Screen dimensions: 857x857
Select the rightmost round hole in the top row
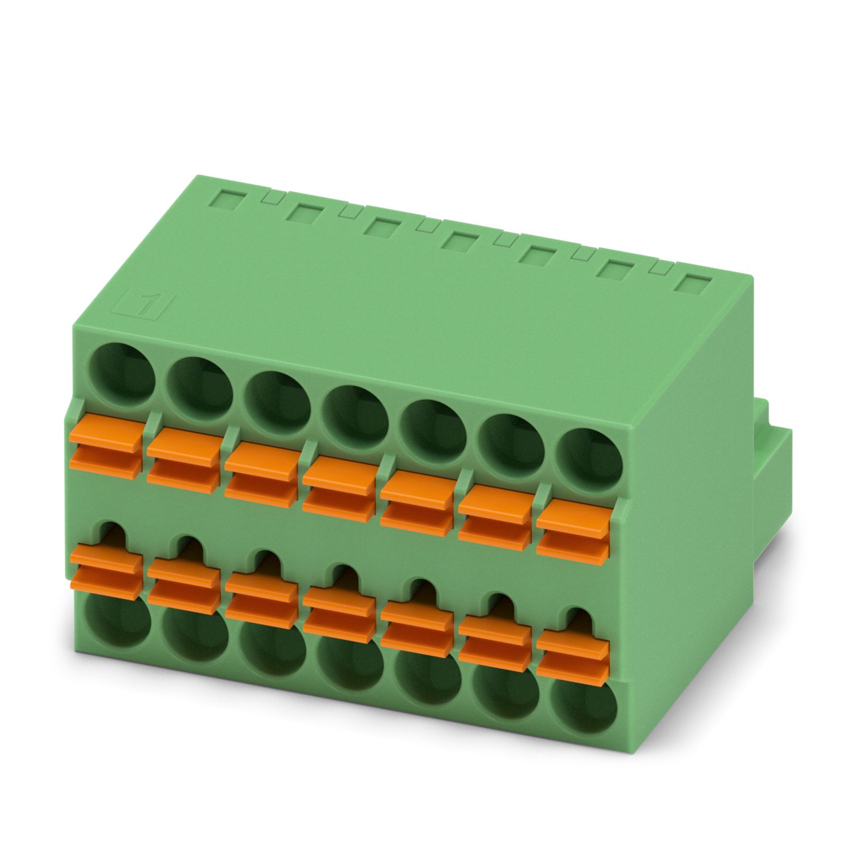[589, 462]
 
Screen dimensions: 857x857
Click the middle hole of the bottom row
[350, 663]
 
